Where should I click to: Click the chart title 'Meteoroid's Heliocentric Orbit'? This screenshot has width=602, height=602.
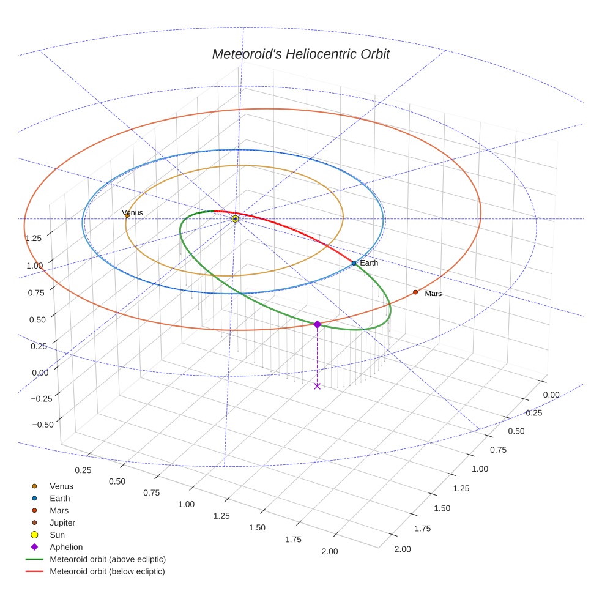click(300, 54)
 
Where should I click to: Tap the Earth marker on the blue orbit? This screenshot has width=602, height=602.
click(354, 263)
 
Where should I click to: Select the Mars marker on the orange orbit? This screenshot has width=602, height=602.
click(415, 292)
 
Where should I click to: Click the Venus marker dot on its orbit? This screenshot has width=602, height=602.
click(127, 215)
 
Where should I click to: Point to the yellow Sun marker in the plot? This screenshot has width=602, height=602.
click(235, 218)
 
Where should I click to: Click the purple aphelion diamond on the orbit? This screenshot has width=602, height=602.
click(317, 324)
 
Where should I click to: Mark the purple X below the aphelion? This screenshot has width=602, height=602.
click(317, 386)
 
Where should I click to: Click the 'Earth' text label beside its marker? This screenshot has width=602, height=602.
click(369, 263)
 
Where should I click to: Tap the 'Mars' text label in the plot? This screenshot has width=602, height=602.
click(433, 294)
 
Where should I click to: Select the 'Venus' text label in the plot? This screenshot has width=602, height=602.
click(133, 212)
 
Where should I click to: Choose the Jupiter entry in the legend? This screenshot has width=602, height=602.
click(61, 522)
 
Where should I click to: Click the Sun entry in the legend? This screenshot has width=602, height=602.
click(57, 535)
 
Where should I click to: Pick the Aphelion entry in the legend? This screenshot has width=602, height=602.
click(65, 547)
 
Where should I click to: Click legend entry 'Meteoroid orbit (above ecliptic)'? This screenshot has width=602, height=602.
click(108, 559)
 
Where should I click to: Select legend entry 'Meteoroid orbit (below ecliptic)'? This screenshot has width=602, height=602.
click(107, 571)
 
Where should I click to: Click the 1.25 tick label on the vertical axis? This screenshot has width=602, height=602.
click(33, 237)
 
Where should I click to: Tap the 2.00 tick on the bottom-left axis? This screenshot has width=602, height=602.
click(329, 551)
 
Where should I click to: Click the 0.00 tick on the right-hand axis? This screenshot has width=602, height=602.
click(551, 395)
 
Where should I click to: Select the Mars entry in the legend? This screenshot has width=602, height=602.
click(59, 510)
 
